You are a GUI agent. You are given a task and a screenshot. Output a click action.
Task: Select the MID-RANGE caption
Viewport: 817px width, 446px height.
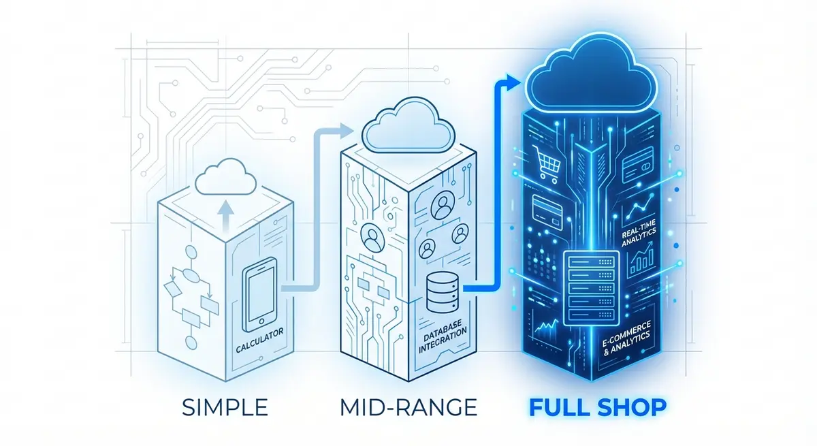408,409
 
